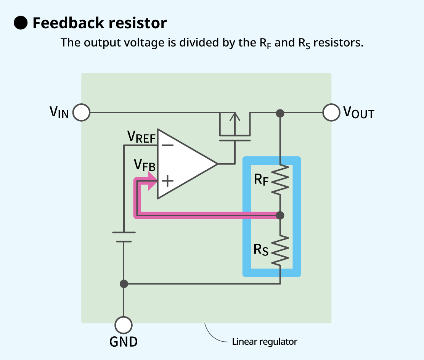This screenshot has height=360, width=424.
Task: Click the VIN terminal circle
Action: (x=81, y=113)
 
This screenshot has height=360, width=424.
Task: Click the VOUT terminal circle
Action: (x=331, y=113)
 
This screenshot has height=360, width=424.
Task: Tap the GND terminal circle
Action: (x=124, y=325)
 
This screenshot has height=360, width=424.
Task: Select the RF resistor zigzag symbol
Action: (x=280, y=179)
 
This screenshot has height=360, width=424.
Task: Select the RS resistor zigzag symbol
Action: (x=280, y=250)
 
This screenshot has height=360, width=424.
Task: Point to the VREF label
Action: (x=141, y=137)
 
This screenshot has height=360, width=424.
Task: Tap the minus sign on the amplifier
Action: (x=167, y=145)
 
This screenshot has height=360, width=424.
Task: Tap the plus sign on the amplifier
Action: (x=167, y=181)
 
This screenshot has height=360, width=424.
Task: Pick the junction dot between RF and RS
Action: (x=280, y=215)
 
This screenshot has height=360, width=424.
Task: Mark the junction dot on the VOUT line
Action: (x=280, y=113)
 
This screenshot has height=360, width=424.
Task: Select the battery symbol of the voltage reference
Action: (x=124, y=237)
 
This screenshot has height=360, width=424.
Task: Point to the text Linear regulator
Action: (x=265, y=342)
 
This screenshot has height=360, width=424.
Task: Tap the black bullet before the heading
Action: (x=21, y=23)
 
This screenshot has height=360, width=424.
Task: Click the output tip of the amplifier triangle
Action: (x=217, y=164)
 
